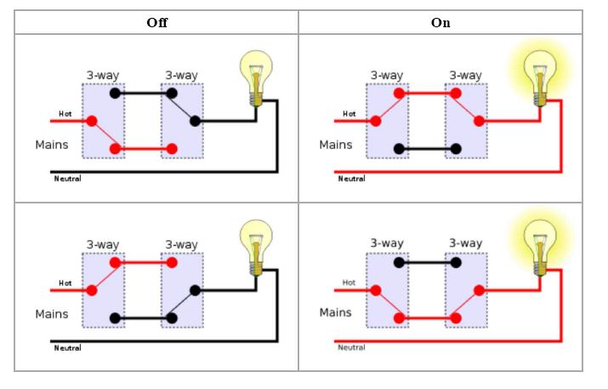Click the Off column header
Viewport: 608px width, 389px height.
[156, 23]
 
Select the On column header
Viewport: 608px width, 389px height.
[440, 23]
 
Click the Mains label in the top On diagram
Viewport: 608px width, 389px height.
[336, 144]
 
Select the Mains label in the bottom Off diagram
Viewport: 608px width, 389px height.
[52, 313]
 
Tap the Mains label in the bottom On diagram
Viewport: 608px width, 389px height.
[336, 312]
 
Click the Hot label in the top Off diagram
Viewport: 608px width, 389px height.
[65, 113]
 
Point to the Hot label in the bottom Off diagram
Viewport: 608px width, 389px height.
[65, 283]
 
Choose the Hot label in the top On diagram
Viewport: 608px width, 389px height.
[349, 113]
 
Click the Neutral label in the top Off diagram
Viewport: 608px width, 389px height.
[67, 178]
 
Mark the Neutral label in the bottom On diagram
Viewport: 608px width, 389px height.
[351, 347]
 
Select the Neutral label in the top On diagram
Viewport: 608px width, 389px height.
[351, 179]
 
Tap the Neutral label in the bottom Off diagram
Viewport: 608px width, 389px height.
[67, 347]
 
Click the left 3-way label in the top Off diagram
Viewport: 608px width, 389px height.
[102, 75]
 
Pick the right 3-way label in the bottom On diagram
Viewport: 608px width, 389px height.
[466, 243]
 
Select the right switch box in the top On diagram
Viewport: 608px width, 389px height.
[466, 121]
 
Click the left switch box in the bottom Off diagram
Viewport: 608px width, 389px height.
[103, 289]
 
